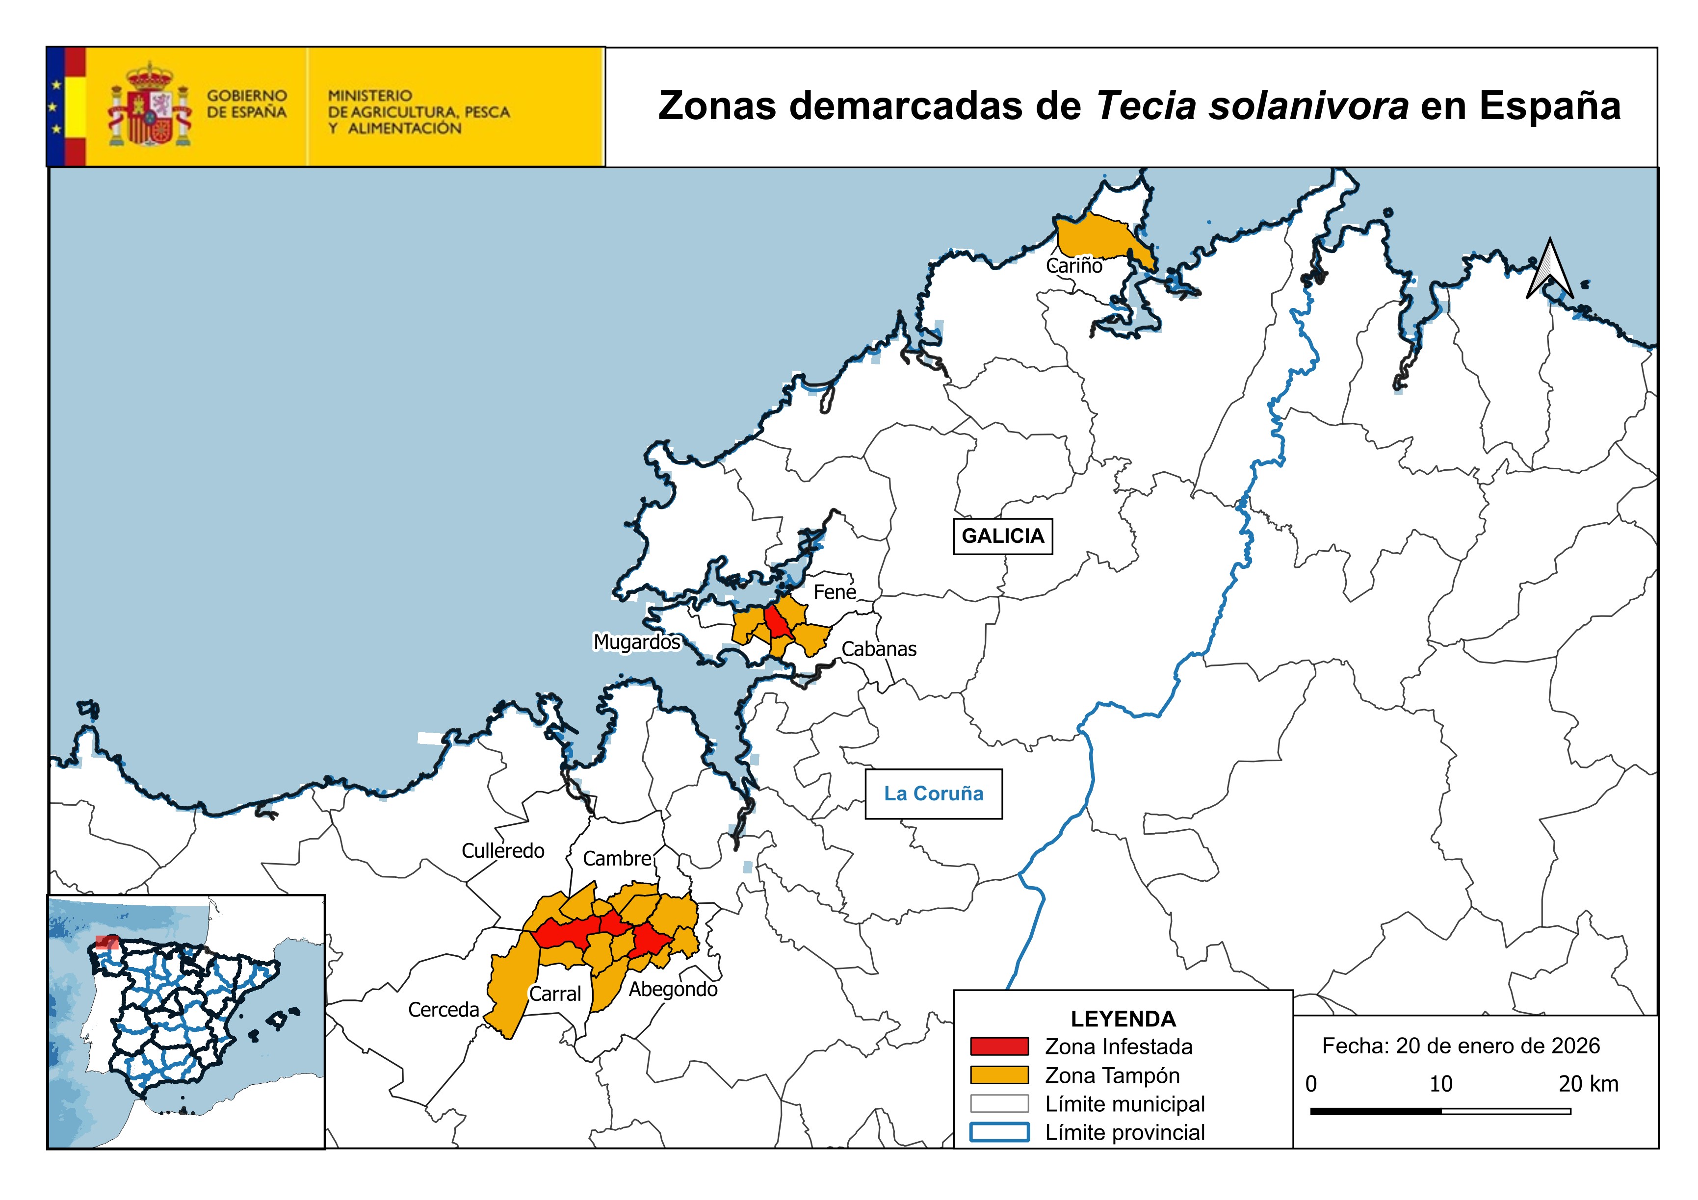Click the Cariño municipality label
1074,266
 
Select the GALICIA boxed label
1002,536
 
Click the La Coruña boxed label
933,794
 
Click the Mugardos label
637,642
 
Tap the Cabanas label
879,649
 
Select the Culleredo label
503,851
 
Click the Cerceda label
444,1010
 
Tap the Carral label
555,995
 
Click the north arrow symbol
1549,270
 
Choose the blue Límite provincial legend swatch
999,1133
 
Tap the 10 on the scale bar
1440,1085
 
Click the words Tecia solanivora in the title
1252,106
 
